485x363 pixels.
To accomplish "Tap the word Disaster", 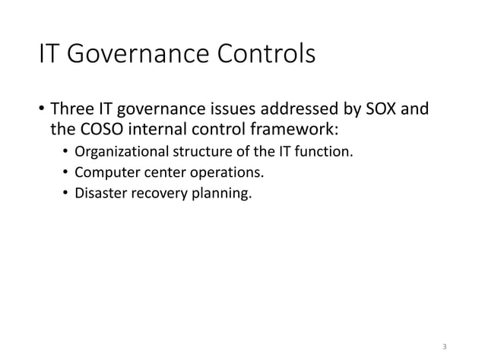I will pyautogui.click(x=98, y=194).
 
